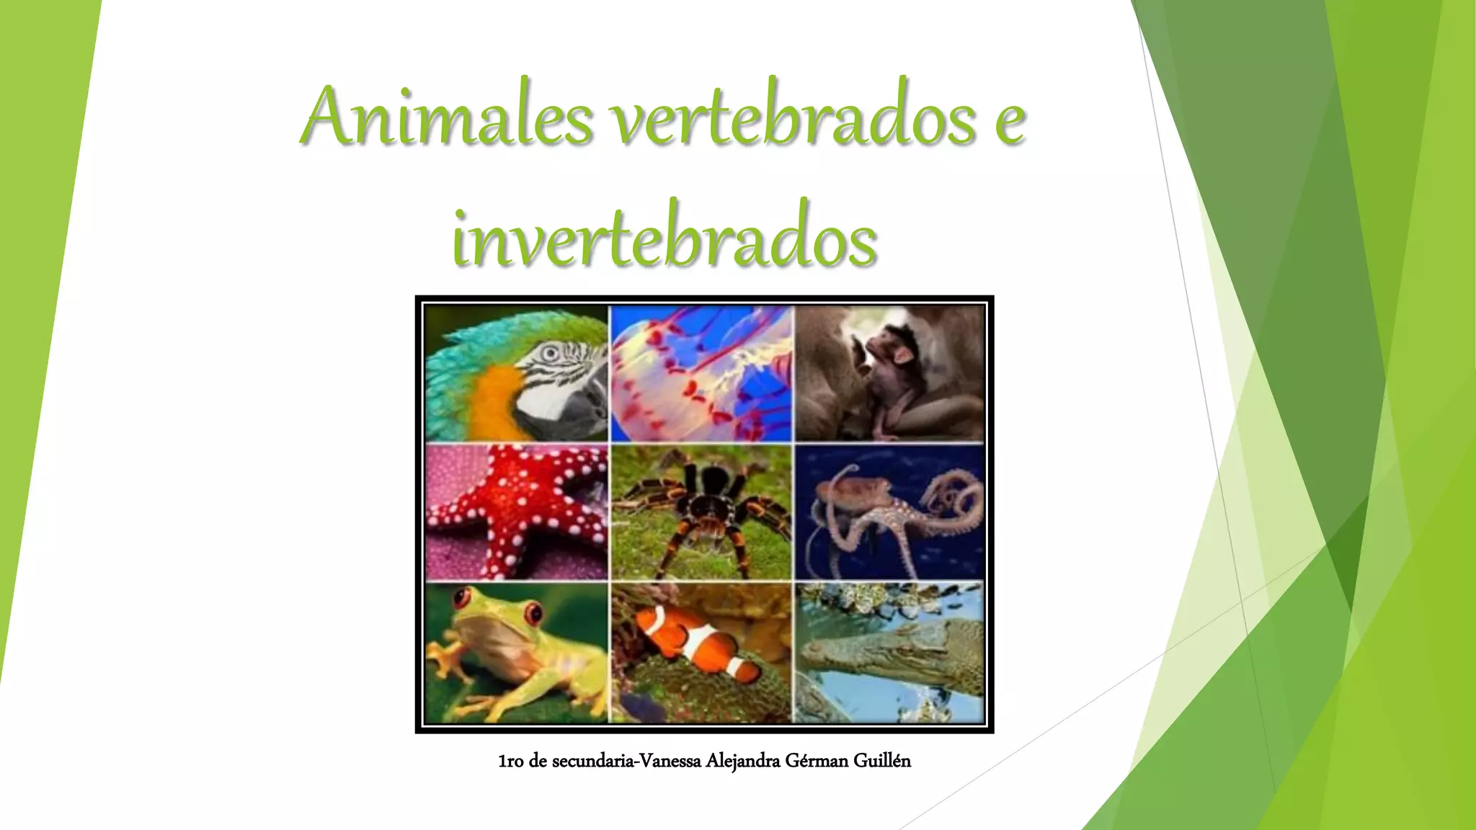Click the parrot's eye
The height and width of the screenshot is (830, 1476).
tap(551, 353)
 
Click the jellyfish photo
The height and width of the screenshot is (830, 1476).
tap(701, 372)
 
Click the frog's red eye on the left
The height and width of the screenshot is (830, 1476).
tap(461, 597)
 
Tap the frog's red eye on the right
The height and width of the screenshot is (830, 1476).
tap(534, 614)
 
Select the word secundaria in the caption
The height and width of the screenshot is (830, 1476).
tap(593, 761)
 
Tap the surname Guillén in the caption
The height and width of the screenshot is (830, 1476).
tap(882, 761)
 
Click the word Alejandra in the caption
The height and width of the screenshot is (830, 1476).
tap(742, 761)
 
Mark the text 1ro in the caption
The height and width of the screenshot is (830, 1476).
tap(511, 761)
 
